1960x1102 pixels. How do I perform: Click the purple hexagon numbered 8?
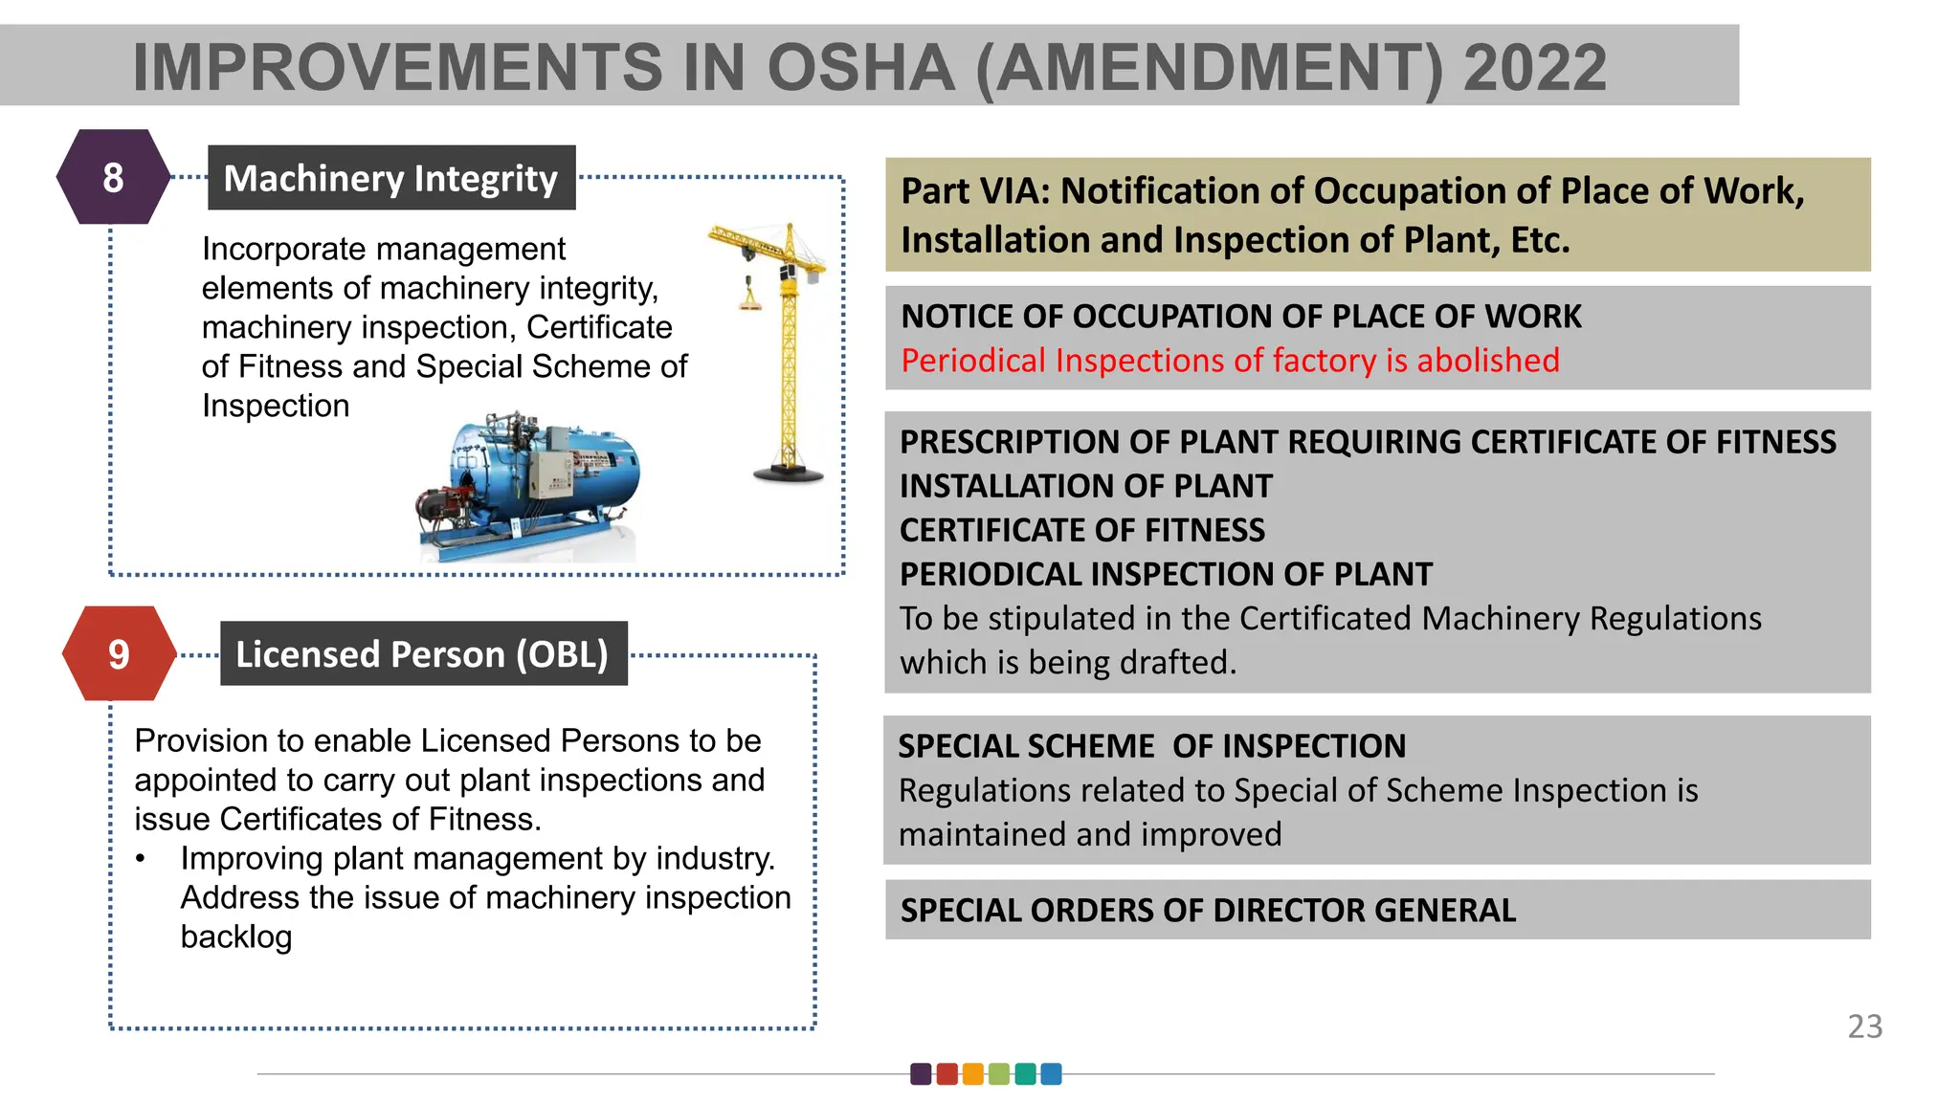tap(113, 177)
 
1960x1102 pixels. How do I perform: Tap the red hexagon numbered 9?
tap(119, 654)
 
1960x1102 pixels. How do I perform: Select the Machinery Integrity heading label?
tap(390, 178)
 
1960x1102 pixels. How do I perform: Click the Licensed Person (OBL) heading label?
tap(423, 654)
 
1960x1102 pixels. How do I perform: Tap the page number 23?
tap(1864, 1026)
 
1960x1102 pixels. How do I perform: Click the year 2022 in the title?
tap(1534, 68)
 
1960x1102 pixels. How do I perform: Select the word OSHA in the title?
tap(860, 68)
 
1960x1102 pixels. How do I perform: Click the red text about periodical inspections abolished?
tap(1230, 361)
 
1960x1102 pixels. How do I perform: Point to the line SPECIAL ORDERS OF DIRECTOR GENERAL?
tap(1208, 910)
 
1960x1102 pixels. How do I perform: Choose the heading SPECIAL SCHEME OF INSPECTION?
tap(1151, 746)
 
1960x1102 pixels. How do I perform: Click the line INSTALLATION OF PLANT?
tap(1086, 486)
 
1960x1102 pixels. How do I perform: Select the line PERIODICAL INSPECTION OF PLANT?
tap(1166, 574)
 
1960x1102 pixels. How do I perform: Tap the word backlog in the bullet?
tap(236, 937)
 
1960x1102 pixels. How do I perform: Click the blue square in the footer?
tap(1051, 1073)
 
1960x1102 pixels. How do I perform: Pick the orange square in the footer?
tap(973, 1073)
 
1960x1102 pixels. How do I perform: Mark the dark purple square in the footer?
tap(921, 1073)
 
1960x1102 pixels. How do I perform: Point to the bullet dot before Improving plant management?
tap(141, 859)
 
